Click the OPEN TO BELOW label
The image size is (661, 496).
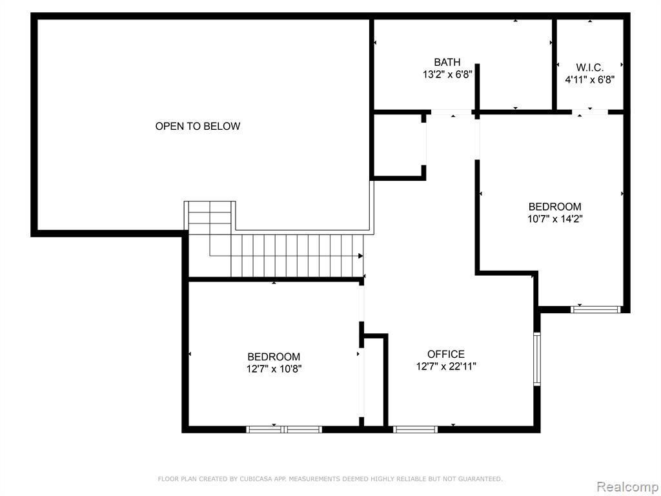198,126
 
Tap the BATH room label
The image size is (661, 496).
447,63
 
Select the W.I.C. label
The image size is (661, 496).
590,67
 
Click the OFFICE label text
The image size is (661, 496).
446,355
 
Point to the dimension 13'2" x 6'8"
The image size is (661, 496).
447,75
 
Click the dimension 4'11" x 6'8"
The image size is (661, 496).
590,79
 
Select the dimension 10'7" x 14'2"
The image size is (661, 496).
554,219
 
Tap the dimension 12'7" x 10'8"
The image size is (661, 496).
274,369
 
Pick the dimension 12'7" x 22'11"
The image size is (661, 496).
446,367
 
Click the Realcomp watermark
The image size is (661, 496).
627,487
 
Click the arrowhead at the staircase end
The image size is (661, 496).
361,256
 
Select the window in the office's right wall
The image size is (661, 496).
537,359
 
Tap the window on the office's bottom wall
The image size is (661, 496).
415,429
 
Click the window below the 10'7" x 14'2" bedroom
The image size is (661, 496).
596,309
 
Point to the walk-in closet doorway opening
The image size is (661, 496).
590,112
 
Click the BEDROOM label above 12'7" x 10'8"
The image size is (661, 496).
274,356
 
